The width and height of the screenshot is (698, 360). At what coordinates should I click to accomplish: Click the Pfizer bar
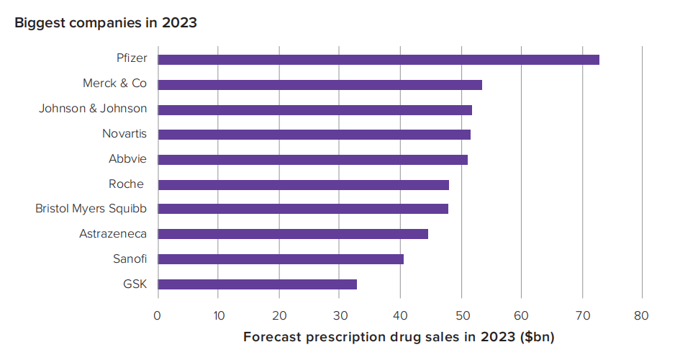pos(379,60)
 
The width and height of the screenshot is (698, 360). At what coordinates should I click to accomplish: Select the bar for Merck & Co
pos(319,85)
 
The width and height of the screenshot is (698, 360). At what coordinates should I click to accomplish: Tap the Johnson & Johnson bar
pos(314,109)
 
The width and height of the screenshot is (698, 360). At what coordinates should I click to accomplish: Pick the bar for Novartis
pos(314,135)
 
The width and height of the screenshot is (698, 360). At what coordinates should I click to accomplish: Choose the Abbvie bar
pos(312,159)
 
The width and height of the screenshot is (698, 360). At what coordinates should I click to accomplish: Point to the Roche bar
pos(303,184)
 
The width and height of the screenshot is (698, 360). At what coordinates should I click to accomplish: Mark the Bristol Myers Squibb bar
pos(303,209)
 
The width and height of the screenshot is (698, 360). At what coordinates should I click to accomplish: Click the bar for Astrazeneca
pos(293,234)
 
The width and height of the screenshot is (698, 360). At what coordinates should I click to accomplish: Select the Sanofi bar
pos(281,259)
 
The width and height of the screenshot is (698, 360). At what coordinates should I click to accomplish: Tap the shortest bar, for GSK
pos(257,284)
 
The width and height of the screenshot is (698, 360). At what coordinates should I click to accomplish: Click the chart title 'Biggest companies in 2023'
pos(106,23)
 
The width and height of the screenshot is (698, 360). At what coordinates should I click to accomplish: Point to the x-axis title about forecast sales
pos(399,337)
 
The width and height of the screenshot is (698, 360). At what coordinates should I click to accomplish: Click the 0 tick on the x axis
pos(158,315)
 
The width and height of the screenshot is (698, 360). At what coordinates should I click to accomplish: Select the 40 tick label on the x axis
pos(400,315)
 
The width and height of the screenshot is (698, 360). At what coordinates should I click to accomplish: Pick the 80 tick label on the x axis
pos(642,315)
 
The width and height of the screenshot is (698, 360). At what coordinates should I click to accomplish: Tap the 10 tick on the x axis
pos(218,315)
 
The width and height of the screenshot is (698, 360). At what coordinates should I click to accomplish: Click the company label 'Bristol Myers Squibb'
pos(91,209)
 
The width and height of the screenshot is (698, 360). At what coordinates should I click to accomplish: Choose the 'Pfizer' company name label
pos(132,58)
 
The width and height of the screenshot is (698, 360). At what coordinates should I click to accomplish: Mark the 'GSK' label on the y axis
pos(135,284)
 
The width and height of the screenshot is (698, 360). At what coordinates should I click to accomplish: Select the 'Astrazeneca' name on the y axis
pos(113,234)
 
